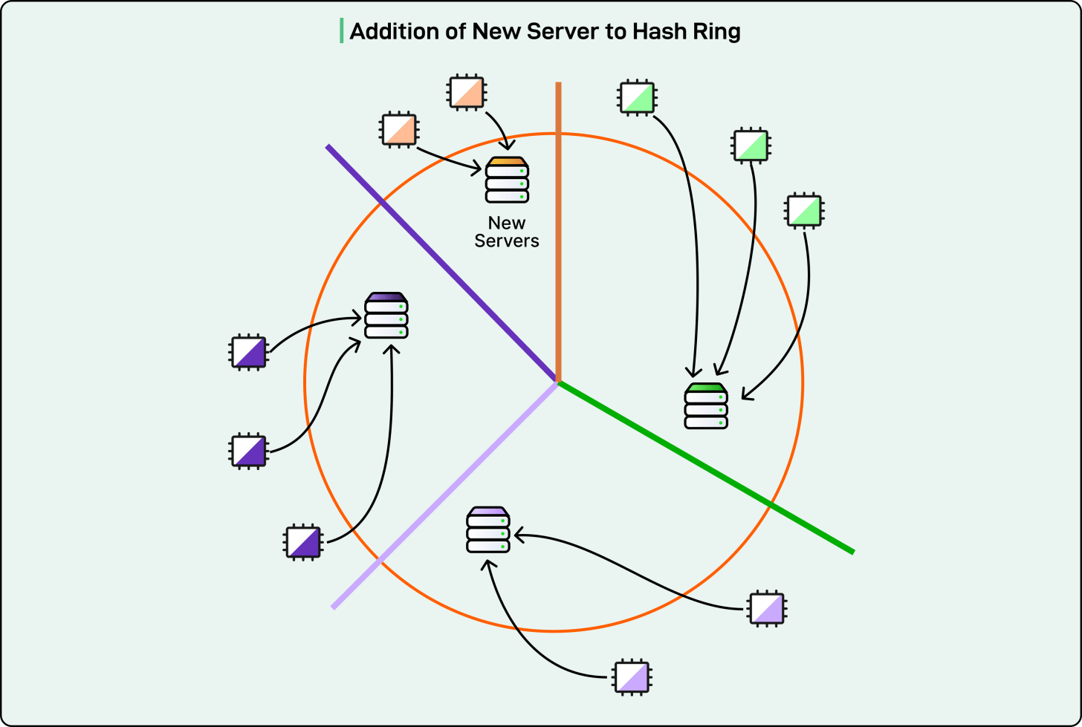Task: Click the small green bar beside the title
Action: coord(342,30)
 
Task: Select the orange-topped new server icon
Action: coord(507,180)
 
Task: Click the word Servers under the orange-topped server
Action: coord(507,241)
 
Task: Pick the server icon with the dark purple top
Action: coord(386,316)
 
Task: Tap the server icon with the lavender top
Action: coord(488,529)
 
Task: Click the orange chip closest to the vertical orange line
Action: coord(467,93)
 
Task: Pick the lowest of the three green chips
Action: coord(804,210)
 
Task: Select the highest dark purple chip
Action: coord(248,352)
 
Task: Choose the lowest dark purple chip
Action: coord(304,542)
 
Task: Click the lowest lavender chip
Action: coord(632,677)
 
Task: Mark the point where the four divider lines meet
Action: coord(557,382)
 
